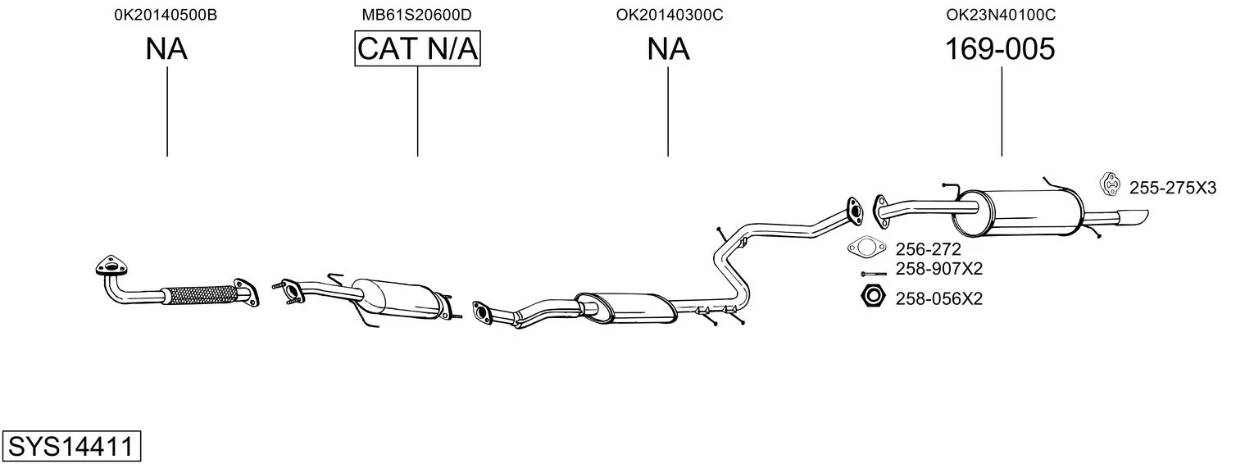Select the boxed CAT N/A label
coord(417,49)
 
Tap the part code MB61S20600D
coord(417,15)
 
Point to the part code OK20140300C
coord(669,15)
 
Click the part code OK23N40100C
coord(1000,15)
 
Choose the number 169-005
coord(1000,49)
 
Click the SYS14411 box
coord(71,447)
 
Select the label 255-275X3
coord(1172,188)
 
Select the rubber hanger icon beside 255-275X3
coord(1110,185)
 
